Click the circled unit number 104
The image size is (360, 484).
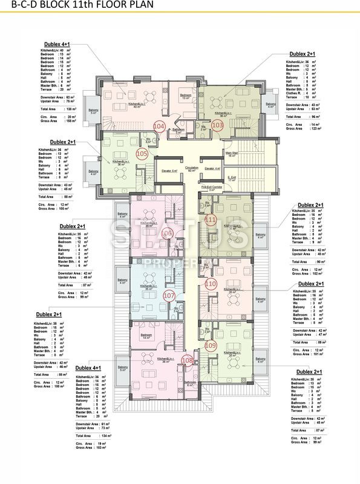click(x=160, y=126)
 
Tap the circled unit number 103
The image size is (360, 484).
click(x=218, y=125)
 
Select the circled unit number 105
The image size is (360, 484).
click(x=142, y=154)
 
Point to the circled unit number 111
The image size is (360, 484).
click(x=211, y=220)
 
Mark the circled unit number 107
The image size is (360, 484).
click(x=169, y=296)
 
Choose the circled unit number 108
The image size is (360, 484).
click(x=188, y=361)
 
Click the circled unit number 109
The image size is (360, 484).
click(x=211, y=345)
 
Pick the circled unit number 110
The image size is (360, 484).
click(x=211, y=283)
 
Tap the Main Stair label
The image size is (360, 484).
click(x=231, y=154)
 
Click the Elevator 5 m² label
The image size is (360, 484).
click(x=170, y=171)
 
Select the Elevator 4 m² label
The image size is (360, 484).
click(x=213, y=168)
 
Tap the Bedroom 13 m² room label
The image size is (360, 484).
click(x=186, y=97)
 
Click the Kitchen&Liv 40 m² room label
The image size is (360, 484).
click(x=136, y=104)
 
